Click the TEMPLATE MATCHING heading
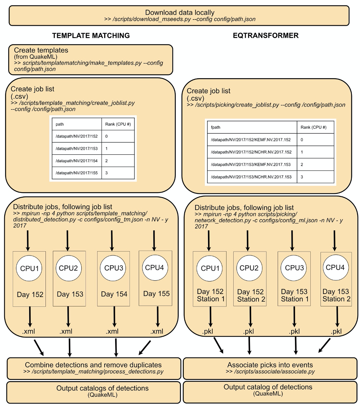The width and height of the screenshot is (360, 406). coord(91,35)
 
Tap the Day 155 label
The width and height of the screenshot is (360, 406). coord(156,294)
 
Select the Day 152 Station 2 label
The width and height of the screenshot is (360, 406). coord(250,296)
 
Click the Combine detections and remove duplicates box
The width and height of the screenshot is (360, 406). coord(93,368)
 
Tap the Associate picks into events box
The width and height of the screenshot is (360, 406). coord(270,368)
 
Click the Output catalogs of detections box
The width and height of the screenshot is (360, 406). coord(93,391)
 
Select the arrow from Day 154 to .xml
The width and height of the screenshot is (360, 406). coord(114,317)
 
